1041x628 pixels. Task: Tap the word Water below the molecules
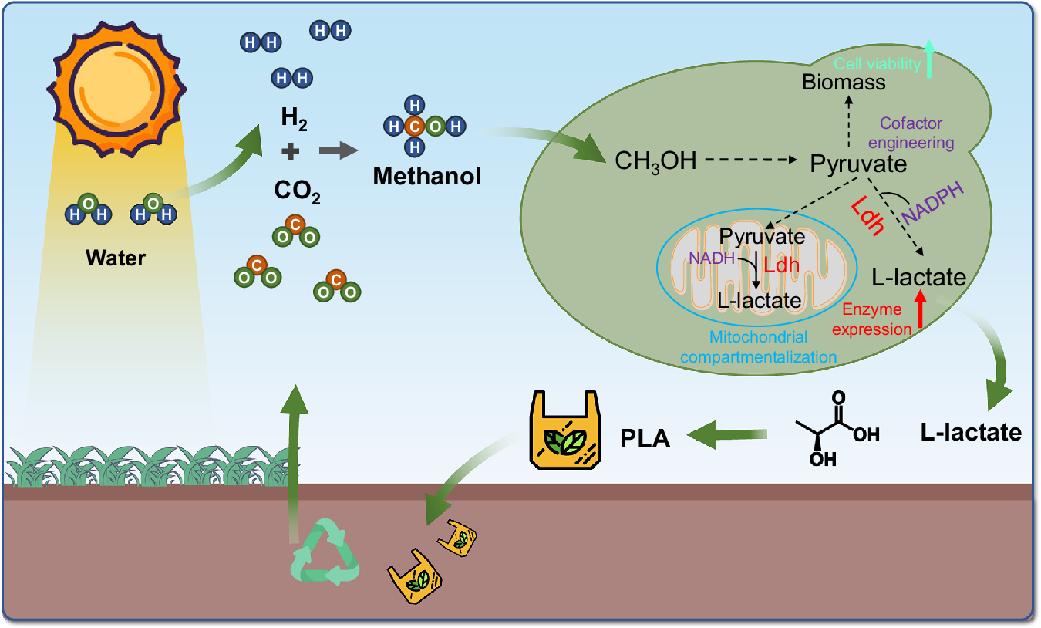(116, 257)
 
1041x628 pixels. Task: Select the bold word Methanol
(426, 177)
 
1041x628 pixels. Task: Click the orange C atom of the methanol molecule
(416, 125)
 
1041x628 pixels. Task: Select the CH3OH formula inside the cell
(655, 161)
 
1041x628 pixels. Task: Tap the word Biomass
(844, 81)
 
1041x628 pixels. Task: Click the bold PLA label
(645, 438)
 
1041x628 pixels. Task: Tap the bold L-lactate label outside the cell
(970, 432)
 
